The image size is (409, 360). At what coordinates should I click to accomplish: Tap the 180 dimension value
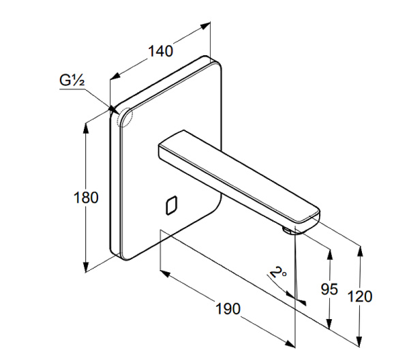coord(86,198)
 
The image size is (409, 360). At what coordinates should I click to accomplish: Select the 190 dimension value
coord(229,308)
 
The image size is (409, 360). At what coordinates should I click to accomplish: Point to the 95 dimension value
coord(329,289)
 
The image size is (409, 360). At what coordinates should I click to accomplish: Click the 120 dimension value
coord(360,297)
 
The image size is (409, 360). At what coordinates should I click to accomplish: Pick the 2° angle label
coord(276,273)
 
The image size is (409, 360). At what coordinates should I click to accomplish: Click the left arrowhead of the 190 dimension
coord(164,274)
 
